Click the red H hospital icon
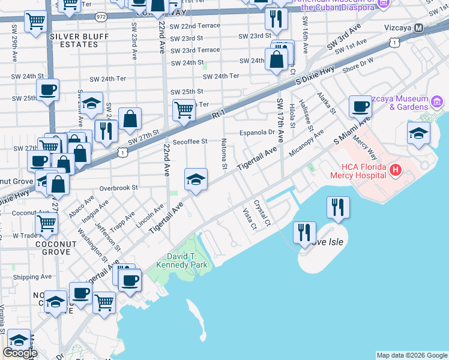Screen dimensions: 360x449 click(x=395, y=170)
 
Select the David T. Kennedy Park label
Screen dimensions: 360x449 click(x=181, y=260)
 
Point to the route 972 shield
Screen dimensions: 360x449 click(x=100, y=17)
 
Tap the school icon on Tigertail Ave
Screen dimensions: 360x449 click(x=196, y=180)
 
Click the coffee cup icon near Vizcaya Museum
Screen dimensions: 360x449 click(x=360, y=106)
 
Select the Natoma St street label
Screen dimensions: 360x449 click(x=223, y=152)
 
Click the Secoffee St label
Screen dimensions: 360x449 click(x=190, y=142)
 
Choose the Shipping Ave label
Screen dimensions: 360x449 click(x=32, y=277)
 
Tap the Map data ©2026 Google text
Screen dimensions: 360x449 click(x=411, y=355)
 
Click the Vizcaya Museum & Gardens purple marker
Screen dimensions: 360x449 click(x=438, y=101)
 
